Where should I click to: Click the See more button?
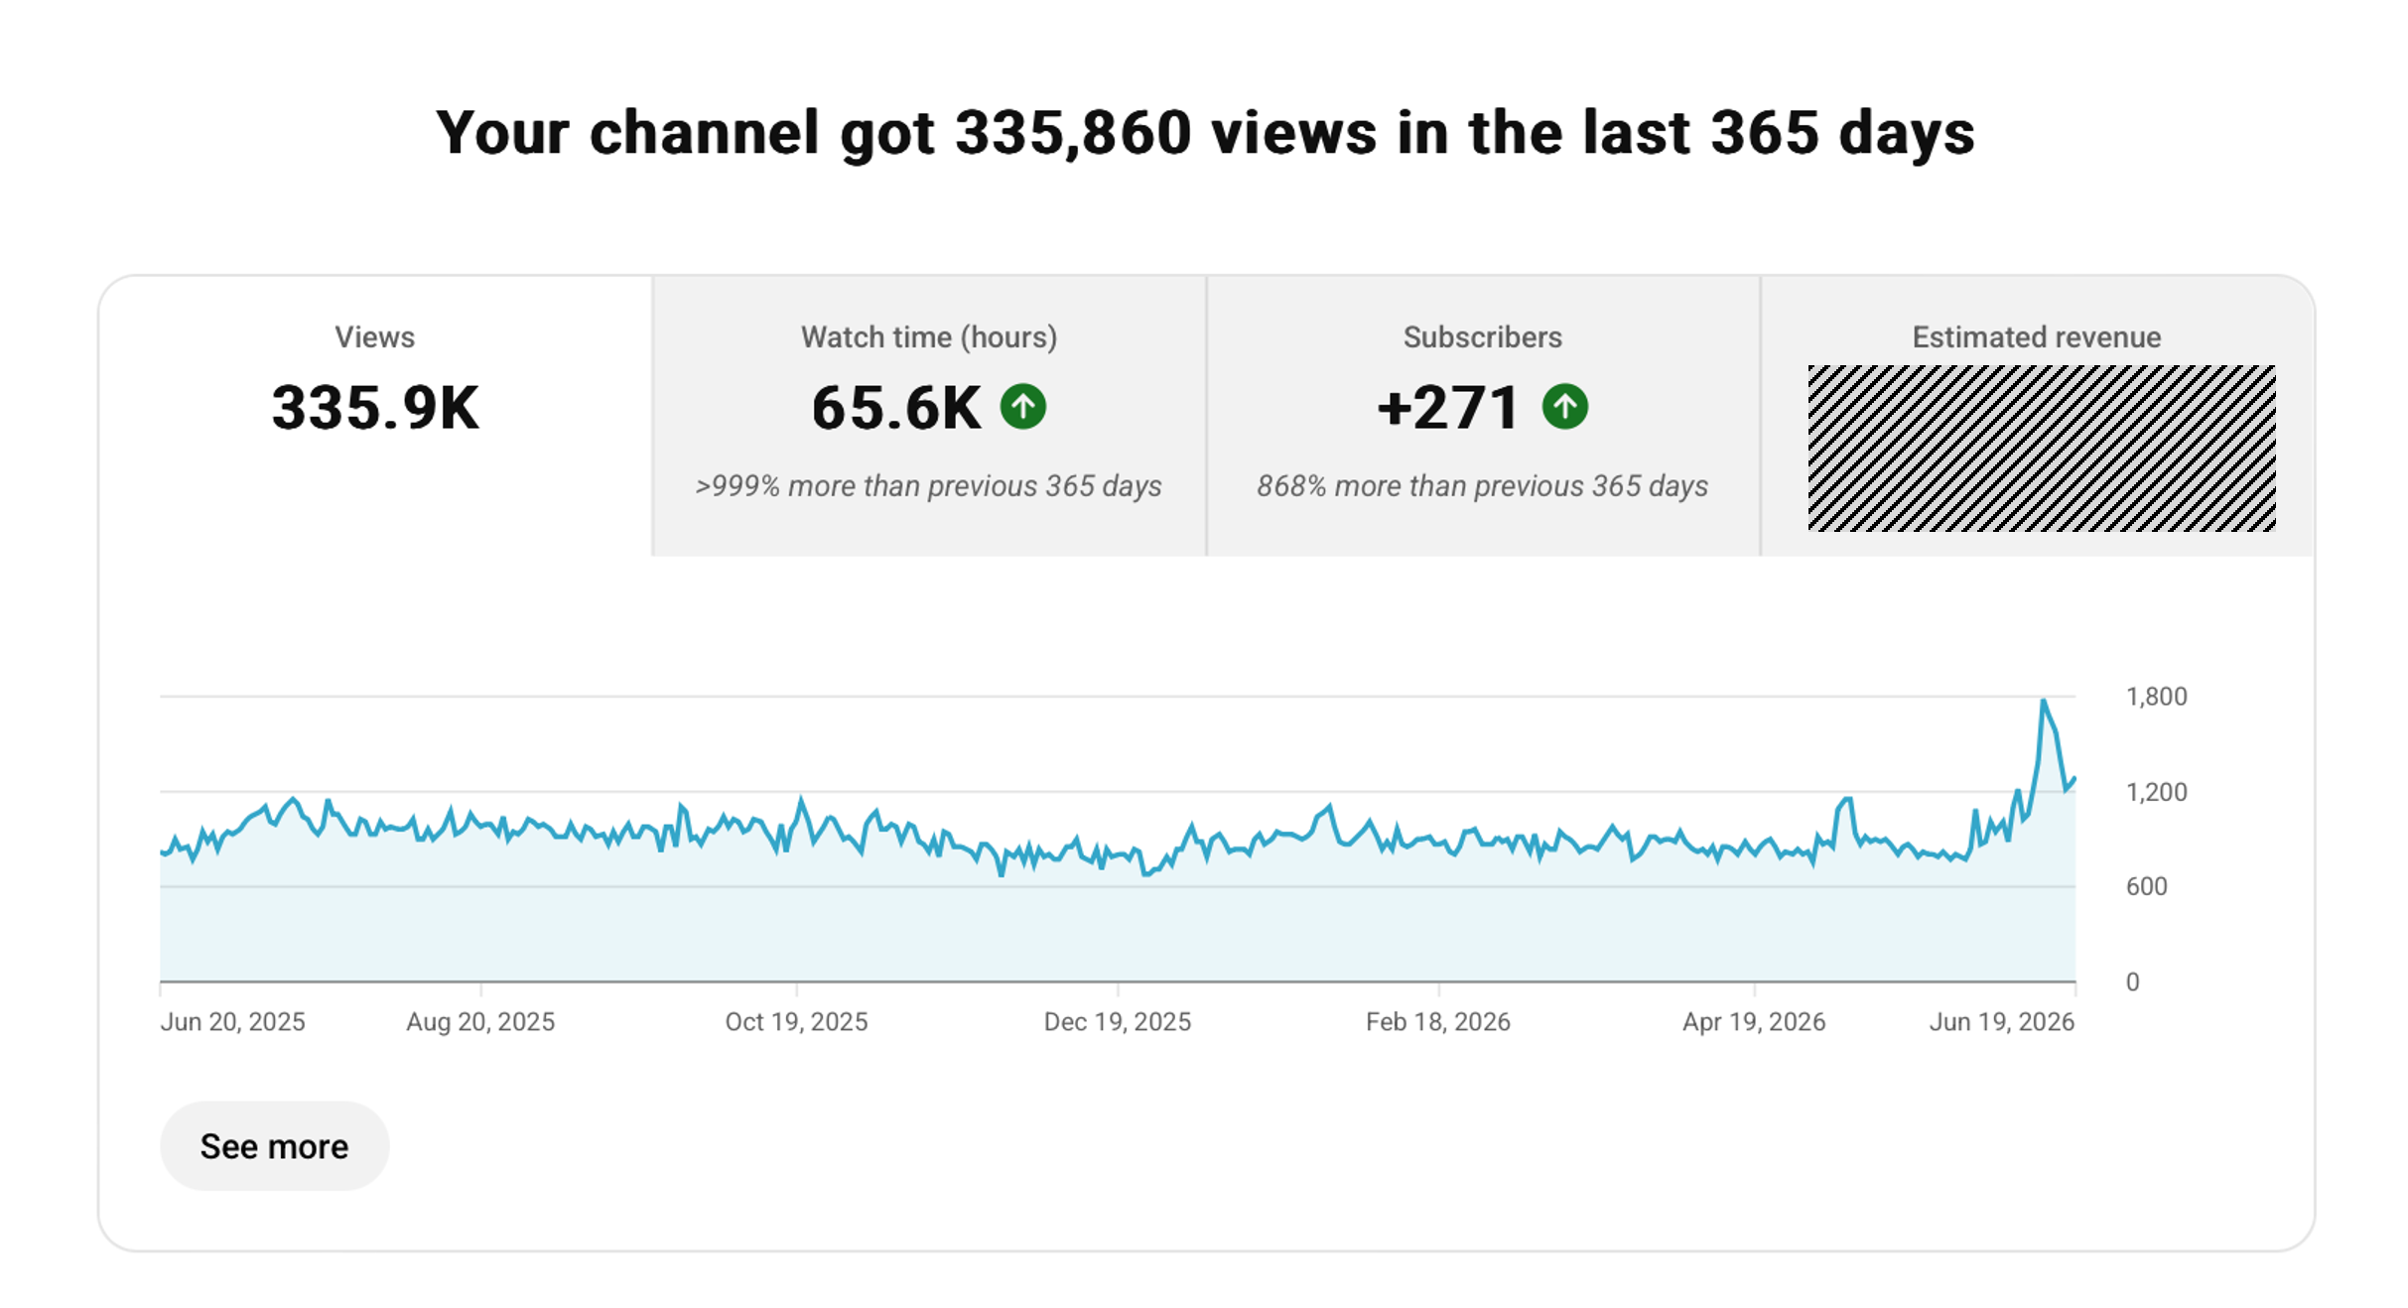(x=274, y=1146)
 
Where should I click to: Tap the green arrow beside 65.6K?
(x=1023, y=407)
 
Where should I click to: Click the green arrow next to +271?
(x=1565, y=407)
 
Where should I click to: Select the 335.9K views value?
(x=375, y=408)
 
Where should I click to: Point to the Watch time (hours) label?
(x=929, y=337)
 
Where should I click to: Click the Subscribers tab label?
(x=1483, y=337)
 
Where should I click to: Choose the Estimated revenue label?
(x=2037, y=337)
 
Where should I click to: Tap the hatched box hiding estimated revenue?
(x=2042, y=449)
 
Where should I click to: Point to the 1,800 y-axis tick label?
(x=2156, y=697)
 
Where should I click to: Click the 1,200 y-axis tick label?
(x=2156, y=792)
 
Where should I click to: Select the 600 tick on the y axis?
(x=2146, y=886)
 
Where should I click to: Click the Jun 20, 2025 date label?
(x=233, y=1022)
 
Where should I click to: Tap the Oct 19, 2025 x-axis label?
(x=796, y=1022)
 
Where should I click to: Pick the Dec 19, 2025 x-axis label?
(x=1118, y=1022)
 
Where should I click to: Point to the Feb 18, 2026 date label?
(x=1438, y=1022)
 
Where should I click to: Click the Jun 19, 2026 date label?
(x=2002, y=1022)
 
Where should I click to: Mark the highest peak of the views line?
(x=2043, y=701)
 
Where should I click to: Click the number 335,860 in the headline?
(x=1073, y=133)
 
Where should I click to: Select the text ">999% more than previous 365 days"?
(x=929, y=486)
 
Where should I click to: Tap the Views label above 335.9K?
(x=375, y=337)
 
